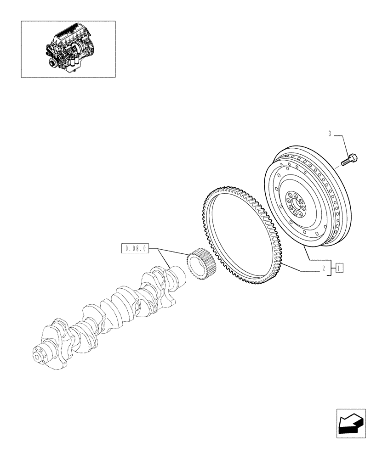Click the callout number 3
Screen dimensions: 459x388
(330, 134)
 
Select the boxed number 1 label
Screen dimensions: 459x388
(339, 268)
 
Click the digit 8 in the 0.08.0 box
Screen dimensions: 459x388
(136, 249)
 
